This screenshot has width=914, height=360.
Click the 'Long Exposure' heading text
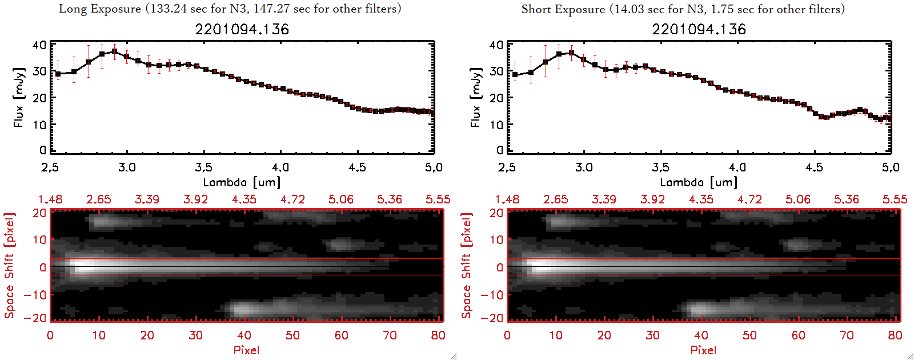[100, 9]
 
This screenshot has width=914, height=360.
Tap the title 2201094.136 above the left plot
[242, 29]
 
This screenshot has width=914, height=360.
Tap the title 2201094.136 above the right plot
[699, 29]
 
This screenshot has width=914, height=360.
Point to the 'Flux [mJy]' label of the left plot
[19, 97]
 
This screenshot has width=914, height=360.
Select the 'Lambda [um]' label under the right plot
[699, 182]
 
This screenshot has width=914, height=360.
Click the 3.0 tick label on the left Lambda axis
[127, 167]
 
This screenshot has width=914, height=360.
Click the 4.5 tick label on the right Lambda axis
[814, 167]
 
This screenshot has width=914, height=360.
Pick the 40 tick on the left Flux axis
[39, 45]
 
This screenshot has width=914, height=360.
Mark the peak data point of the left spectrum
[114, 51]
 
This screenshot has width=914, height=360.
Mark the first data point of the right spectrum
[515, 74]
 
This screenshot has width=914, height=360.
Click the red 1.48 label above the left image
[50, 199]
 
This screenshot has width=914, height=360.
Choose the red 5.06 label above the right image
[798, 199]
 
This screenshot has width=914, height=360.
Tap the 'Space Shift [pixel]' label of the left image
[9, 266]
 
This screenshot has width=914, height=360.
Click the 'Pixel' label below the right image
[703, 350]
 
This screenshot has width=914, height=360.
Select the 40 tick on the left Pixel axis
[244, 335]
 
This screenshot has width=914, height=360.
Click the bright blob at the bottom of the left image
[242, 309]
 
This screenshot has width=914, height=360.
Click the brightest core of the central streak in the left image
[80, 266]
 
